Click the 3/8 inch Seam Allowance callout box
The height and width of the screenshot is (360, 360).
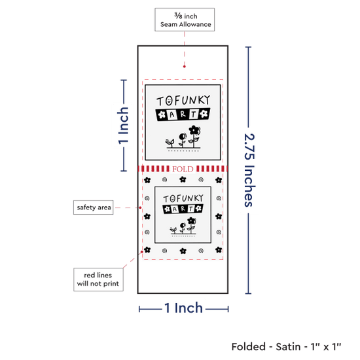(x=185, y=20)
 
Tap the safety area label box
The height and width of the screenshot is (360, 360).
(x=93, y=207)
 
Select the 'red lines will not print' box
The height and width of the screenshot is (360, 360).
(x=98, y=279)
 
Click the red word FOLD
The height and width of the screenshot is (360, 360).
(x=183, y=170)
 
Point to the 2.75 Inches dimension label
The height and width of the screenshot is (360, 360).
(x=249, y=170)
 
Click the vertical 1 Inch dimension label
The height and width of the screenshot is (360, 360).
(x=123, y=126)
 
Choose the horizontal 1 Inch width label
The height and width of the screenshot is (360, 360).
(x=184, y=308)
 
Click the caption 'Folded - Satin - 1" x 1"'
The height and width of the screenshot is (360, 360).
(x=286, y=346)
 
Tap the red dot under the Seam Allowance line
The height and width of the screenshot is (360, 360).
(x=185, y=67)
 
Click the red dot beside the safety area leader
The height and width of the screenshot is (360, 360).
(x=140, y=207)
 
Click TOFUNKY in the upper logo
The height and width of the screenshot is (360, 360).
(x=183, y=100)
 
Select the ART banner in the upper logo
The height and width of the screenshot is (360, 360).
(x=183, y=114)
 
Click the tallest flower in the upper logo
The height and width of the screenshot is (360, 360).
(x=194, y=136)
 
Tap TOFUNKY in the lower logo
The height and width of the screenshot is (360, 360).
(x=183, y=198)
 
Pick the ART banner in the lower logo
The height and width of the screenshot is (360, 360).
(x=183, y=209)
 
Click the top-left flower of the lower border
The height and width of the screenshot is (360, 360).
(x=147, y=180)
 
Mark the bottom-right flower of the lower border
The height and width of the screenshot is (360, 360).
(x=219, y=249)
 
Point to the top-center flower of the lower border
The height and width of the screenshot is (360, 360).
(x=183, y=179)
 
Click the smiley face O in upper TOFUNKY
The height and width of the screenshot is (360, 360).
(x=169, y=101)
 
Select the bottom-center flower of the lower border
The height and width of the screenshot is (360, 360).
(x=183, y=251)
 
